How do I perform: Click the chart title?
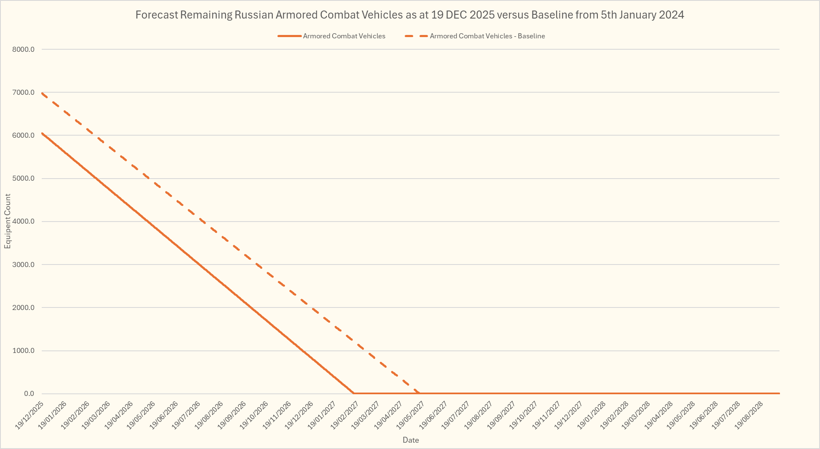point(409,15)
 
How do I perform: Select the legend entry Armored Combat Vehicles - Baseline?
point(487,36)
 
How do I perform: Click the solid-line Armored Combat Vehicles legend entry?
point(344,36)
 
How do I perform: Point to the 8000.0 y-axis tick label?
point(24,49)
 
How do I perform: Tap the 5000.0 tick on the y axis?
point(24,179)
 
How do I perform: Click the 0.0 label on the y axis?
point(29,394)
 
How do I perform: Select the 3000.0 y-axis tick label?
point(24,265)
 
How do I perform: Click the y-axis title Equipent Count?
point(8,222)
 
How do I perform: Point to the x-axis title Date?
point(411,440)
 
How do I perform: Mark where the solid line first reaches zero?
point(354,393)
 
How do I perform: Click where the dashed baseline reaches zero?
point(419,393)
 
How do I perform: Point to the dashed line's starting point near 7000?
point(42,93)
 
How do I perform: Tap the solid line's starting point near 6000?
point(42,133)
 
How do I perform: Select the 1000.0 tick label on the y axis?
point(24,351)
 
